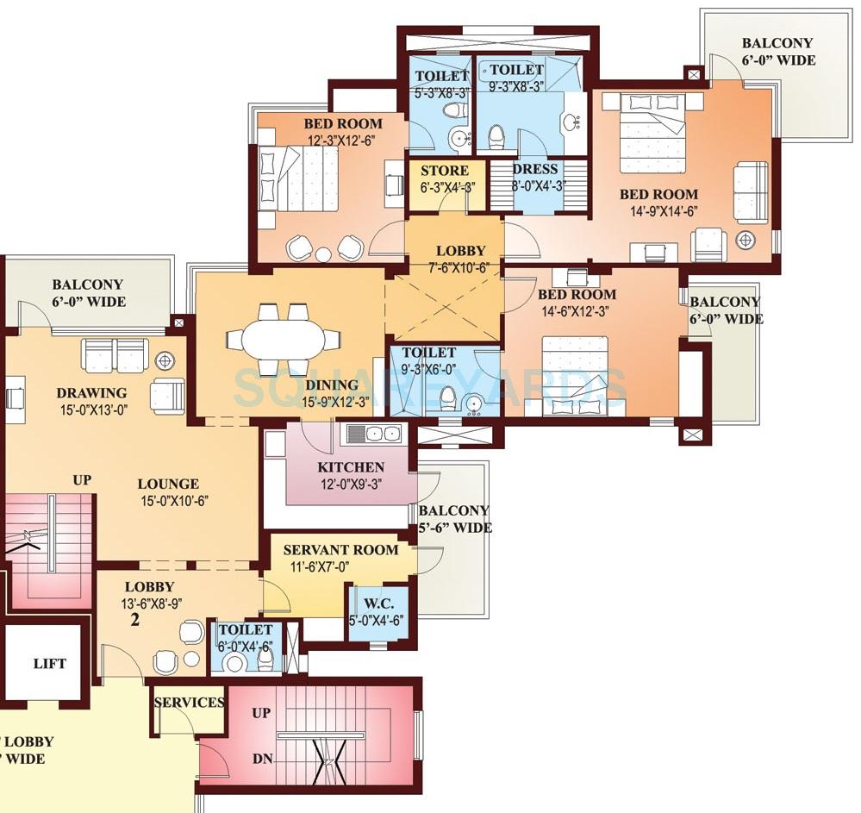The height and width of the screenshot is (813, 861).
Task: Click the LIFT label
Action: click(49, 663)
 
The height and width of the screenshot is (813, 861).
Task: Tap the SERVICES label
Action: click(189, 702)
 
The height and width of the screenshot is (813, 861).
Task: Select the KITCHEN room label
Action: click(351, 467)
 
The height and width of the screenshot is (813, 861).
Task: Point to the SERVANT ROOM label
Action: click(340, 549)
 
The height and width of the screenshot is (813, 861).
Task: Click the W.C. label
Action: click(377, 602)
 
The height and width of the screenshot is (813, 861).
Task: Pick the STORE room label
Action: click(445, 171)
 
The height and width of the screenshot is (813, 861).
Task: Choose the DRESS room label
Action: click(535, 169)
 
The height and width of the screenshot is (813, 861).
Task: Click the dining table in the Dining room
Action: click(284, 339)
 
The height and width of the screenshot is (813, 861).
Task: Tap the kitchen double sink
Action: click(373, 434)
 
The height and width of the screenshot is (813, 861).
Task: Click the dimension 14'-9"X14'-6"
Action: click(658, 212)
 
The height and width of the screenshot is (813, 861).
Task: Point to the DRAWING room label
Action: click(91, 393)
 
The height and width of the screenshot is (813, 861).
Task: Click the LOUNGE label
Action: click(168, 484)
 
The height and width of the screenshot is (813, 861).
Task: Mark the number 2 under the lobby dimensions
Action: click(135, 618)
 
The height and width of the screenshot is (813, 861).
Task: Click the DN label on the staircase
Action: click(263, 760)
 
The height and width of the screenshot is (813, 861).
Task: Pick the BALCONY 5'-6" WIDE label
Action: click(453, 518)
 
